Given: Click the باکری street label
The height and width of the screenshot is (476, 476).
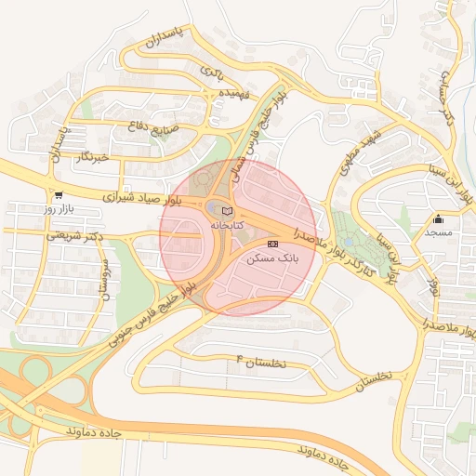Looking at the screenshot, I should pyautogui.click(x=213, y=72).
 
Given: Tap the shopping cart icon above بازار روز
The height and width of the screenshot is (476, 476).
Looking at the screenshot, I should pyautogui.click(x=59, y=195).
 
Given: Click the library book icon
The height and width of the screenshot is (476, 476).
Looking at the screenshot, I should pyautogui.click(x=229, y=213).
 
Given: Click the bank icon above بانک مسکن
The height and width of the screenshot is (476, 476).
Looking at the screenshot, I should pyautogui.click(x=272, y=244).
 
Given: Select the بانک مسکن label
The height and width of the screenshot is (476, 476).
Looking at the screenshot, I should pyautogui.click(x=272, y=258).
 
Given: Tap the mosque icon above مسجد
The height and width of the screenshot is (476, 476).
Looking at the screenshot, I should pyautogui.click(x=439, y=219).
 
